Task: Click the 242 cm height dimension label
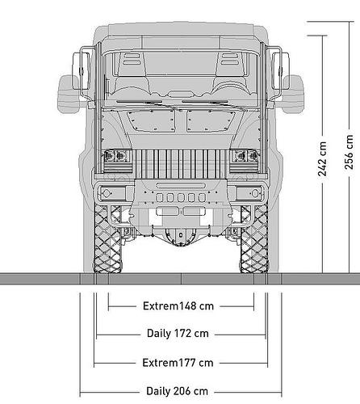pos(322,159)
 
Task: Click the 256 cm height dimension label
pos(349,152)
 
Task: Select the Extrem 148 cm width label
pos(178,306)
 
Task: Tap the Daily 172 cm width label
pos(178,334)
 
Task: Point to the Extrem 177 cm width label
pos(178,363)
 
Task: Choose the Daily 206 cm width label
pos(177,391)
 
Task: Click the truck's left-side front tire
pos(107,238)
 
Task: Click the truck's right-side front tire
pos(254,238)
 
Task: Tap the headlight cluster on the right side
pos(245,156)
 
